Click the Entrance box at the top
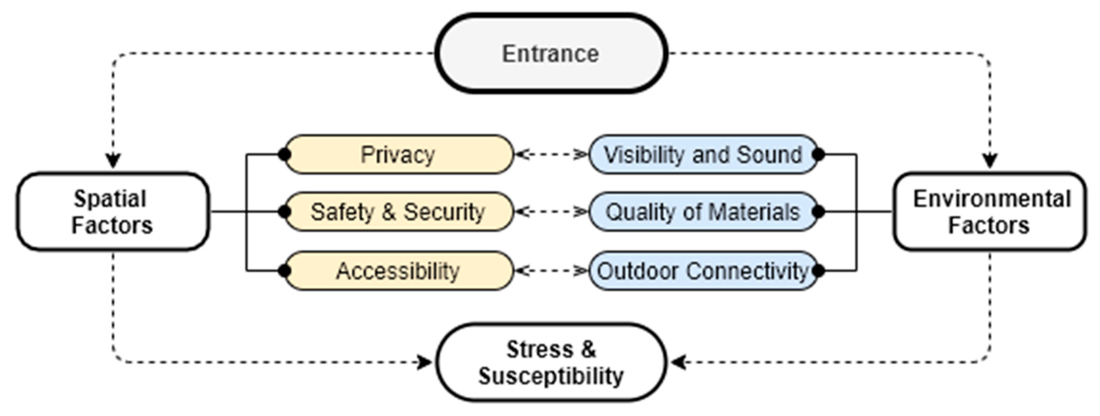coord(551,53)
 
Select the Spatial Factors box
coord(113,211)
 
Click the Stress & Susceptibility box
coord(551,362)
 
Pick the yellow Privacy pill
coord(398,154)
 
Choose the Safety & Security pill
coord(398,211)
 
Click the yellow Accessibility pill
coord(398,270)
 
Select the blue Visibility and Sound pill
coord(703,154)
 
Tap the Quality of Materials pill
coord(703,211)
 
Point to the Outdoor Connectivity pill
coord(703,270)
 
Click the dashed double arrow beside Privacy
coord(551,154)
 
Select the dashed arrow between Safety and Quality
coord(551,211)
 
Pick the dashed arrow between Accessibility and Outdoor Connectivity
coord(551,270)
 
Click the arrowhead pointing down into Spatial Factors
coord(113,161)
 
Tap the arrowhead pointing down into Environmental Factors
coord(990,161)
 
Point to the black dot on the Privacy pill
coord(284,154)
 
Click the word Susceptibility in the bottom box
coord(551,376)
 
